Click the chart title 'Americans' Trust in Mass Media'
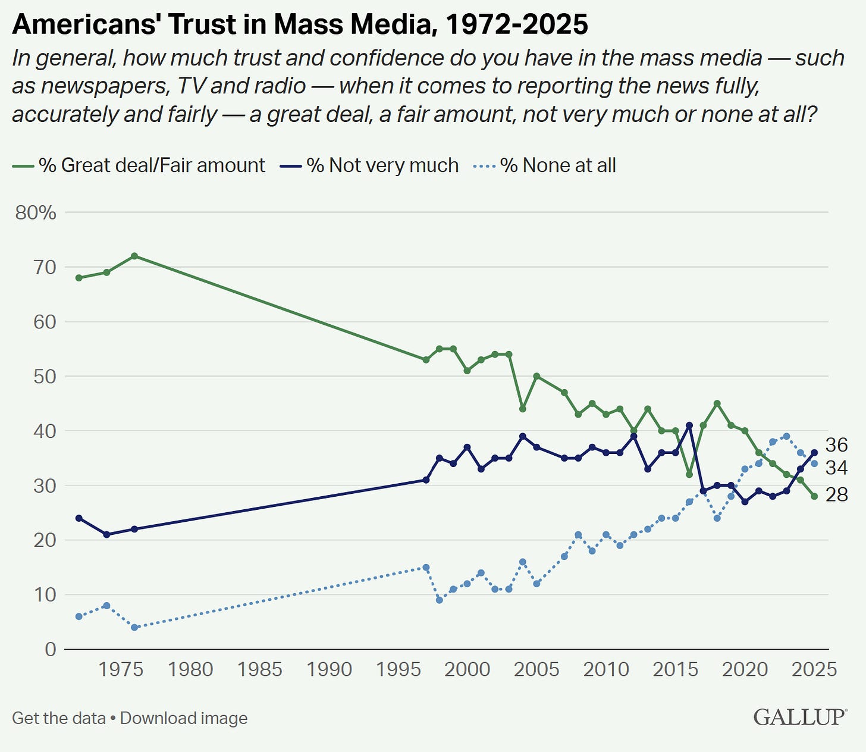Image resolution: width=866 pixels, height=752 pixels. pos(300,24)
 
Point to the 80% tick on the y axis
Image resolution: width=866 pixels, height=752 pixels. pos(36,212)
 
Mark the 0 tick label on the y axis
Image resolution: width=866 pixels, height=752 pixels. pos(50,649)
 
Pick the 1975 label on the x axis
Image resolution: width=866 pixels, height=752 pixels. pos(121,669)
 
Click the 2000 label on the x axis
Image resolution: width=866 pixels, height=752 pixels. pos(467,669)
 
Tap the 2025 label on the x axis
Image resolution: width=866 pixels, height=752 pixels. pos(813,669)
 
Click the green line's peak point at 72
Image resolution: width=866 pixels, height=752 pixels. pos(134,256)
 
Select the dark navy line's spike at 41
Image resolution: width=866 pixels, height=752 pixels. pos(689,425)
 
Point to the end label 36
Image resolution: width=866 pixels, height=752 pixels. pos(836,445)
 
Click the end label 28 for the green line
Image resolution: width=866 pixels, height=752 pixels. pos(836,494)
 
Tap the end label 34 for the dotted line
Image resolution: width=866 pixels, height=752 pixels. pos(836,468)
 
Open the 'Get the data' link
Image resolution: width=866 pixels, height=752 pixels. pos(58,718)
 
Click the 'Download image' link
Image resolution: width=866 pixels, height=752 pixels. pos(184,718)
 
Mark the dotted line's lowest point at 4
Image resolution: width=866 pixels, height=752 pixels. pos(134,627)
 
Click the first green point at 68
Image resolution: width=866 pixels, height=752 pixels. pos(79,278)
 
